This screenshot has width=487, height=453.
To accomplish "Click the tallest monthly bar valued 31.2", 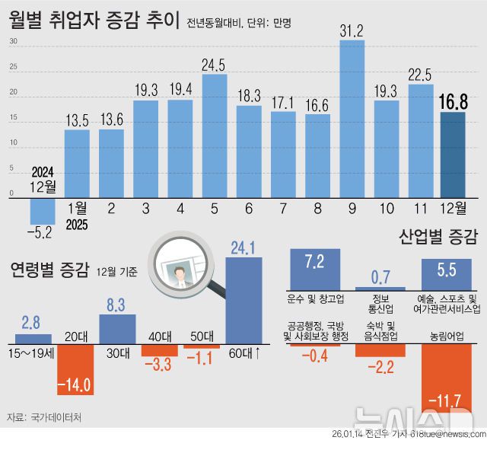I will [x=352, y=118].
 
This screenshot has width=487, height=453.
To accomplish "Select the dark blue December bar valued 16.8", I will [x=454, y=155].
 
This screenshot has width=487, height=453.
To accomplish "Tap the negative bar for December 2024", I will [x=42, y=209].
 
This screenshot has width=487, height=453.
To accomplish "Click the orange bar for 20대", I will [x=75, y=368].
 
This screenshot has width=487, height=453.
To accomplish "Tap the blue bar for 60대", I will [x=243, y=300].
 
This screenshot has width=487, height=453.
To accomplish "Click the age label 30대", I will [x=117, y=353].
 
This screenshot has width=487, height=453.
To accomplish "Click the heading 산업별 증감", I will [x=438, y=238].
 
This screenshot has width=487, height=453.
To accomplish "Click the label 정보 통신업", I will [x=380, y=303].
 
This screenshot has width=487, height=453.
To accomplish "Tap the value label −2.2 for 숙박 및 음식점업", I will [x=380, y=368].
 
